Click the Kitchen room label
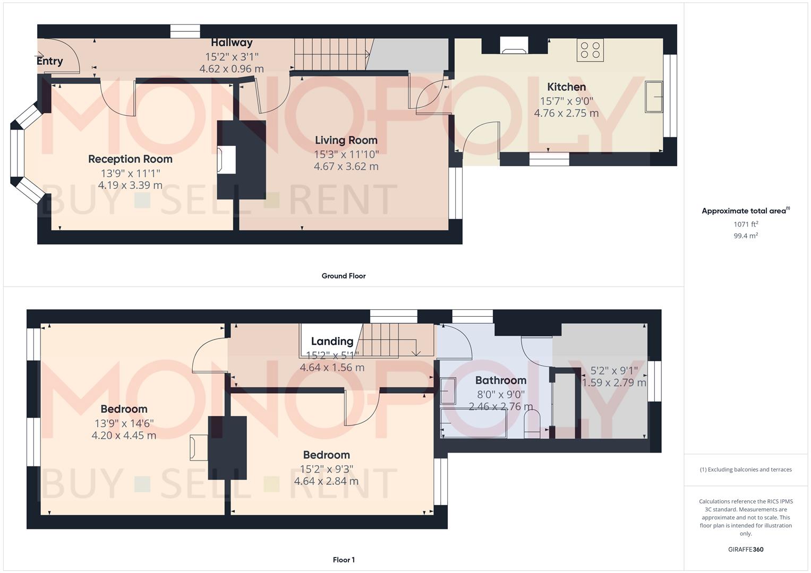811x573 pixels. tap(566, 87)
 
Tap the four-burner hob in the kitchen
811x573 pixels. tap(590, 50)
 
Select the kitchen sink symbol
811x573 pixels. tap(654, 97)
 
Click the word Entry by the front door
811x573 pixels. tap(50, 61)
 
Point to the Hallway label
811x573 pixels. tap(232, 42)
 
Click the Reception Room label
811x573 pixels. tap(130, 159)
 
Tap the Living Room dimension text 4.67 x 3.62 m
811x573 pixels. tap(346, 166)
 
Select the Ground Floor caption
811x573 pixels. tap(343, 276)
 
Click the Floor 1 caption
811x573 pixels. tap(343, 560)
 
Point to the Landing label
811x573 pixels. tap(332, 341)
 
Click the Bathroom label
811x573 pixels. tap(500, 380)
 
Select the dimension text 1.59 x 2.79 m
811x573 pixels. tap(614, 383)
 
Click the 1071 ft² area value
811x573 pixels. tap(746, 224)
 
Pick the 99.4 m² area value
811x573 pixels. tap(746, 236)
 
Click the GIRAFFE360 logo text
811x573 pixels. tap(746, 549)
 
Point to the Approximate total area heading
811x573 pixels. tap(745, 211)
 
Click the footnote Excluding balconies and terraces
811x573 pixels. tap(746, 470)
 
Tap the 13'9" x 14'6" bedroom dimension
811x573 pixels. tap(124, 423)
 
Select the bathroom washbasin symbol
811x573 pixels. tap(448, 391)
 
